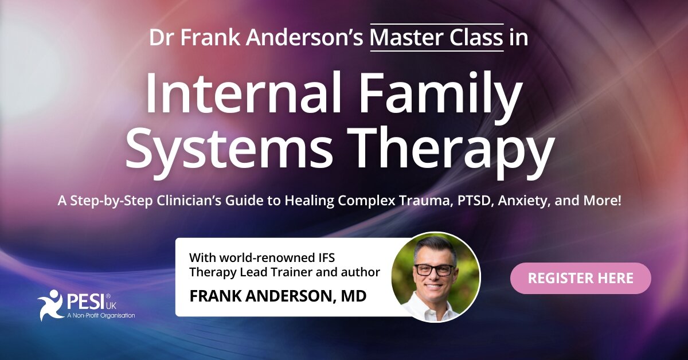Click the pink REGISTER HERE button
coord(580,278)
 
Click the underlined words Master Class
coord(437,38)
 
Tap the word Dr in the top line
coord(162,38)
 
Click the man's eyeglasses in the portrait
coord(435,269)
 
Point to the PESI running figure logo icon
coord(50,302)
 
